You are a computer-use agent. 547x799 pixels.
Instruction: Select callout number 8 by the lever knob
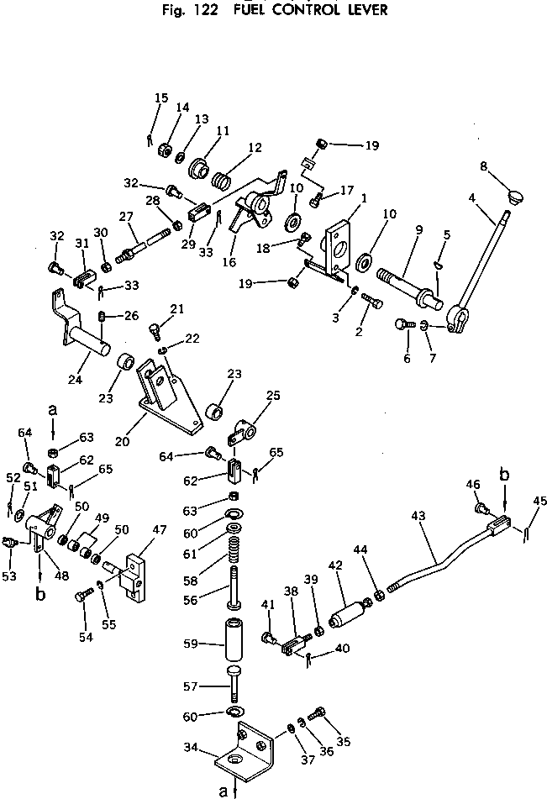click(483, 166)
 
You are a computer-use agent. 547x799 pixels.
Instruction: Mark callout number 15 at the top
click(160, 98)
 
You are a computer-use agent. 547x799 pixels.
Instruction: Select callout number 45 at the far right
click(540, 502)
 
